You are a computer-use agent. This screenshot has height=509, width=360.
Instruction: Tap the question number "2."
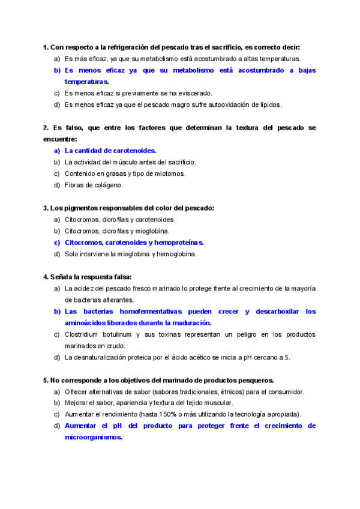46,128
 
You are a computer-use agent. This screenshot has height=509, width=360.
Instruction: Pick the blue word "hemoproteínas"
179,242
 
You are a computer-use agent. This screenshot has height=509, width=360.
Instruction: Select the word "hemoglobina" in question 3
178,254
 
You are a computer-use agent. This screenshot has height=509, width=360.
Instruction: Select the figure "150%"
167,414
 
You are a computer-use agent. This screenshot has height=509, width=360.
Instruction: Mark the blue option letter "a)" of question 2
57,151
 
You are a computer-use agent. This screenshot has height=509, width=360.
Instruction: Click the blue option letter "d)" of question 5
57,426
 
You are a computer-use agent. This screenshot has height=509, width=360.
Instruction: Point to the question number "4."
46,277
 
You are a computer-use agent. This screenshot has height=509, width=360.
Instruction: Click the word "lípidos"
268,104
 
